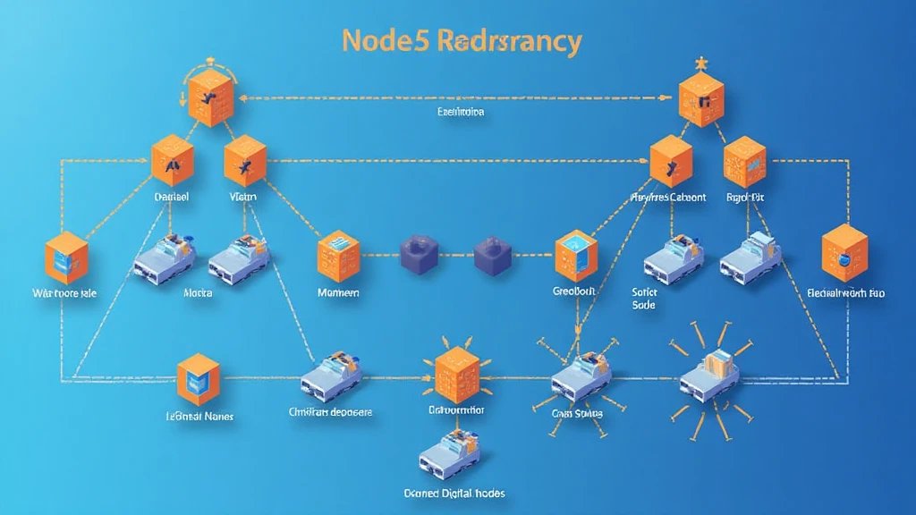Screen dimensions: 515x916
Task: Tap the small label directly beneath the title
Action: tap(460, 113)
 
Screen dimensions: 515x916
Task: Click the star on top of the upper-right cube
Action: tap(700, 64)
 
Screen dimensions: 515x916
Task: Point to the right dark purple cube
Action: tap(490, 252)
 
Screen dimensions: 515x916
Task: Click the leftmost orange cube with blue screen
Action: tap(65, 258)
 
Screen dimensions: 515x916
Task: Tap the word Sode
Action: tap(643, 305)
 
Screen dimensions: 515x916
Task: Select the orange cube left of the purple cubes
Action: tap(339, 254)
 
